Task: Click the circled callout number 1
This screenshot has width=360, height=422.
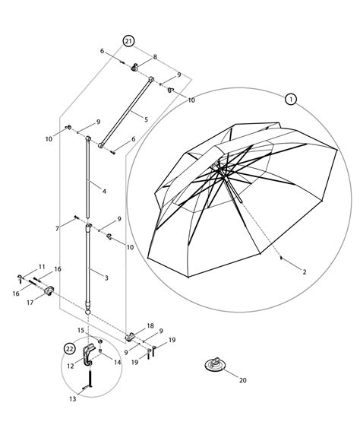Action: pyautogui.click(x=290, y=99)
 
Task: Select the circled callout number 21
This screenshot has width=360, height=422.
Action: pyautogui.click(x=128, y=40)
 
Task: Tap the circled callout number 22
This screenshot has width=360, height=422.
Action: pyautogui.click(x=70, y=348)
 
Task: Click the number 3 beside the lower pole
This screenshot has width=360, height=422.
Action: pyautogui.click(x=106, y=278)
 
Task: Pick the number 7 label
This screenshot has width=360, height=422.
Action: pyautogui.click(x=58, y=227)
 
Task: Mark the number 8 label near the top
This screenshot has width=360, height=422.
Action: pyautogui.click(x=155, y=57)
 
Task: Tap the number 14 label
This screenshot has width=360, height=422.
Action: pyautogui.click(x=117, y=363)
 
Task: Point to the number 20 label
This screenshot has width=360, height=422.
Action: pyautogui.click(x=243, y=380)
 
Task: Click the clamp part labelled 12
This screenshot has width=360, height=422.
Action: pyautogui.click(x=90, y=356)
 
